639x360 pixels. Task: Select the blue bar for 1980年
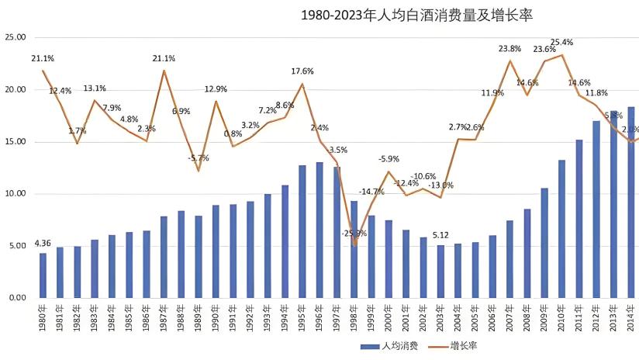coord(43,275)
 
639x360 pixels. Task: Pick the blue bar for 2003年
coord(440,272)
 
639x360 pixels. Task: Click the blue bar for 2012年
coord(596,209)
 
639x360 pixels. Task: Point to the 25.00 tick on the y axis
coord(16,37)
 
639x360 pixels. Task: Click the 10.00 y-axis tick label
coord(16,194)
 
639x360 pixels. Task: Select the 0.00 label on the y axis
coord(17,298)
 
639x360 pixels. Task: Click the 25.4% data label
coord(561,43)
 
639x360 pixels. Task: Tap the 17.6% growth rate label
coord(302,71)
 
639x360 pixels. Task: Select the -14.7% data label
coord(371,192)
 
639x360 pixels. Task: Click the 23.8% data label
coord(509,48)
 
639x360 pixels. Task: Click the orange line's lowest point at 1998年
coord(354,244)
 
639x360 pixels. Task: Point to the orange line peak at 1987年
coord(164,71)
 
